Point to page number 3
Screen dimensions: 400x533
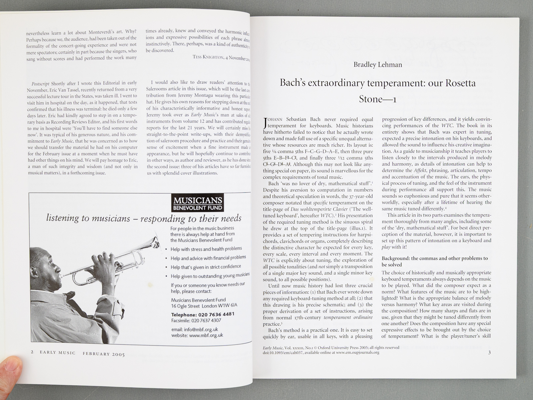pyautogui.click(x=489, y=352)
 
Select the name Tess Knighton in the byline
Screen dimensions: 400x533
pyautogui.click(x=208, y=57)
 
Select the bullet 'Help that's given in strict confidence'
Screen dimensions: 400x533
pyautogui.click(x=206, y=267)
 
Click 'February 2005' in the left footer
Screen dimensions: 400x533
pyautogui.click(x=104, y=354)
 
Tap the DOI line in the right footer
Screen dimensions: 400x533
pyautogui.click(x=321, y=352)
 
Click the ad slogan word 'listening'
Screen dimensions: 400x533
pyautogui.click(x=63, y=218)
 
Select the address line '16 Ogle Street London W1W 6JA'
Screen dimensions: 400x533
pyautogui.click(x=204, y=306)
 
